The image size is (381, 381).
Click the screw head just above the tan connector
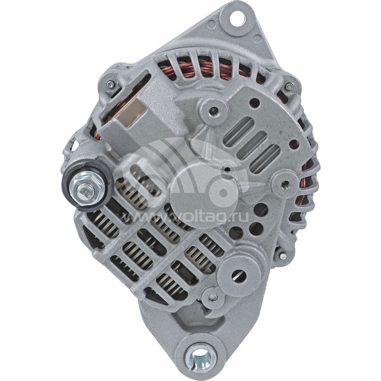click(x=110, y=85)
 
